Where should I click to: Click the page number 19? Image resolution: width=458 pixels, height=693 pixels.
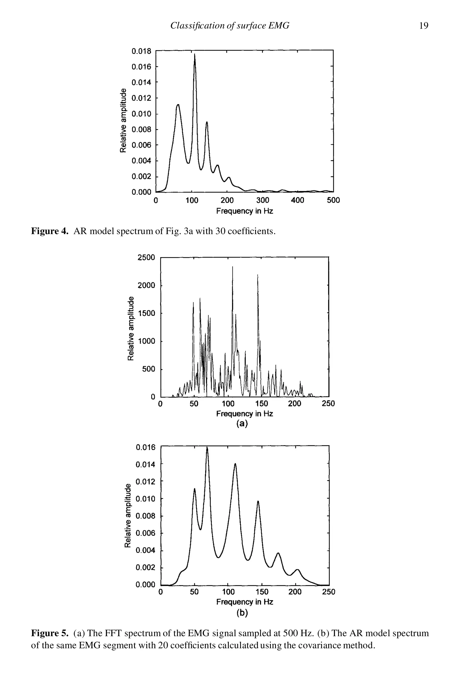click(424, 26)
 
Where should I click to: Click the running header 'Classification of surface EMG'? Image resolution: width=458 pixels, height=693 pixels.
click(230, 26)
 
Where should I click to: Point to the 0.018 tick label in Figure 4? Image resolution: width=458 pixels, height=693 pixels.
click(142, 51)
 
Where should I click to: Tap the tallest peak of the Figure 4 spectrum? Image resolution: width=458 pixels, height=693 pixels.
click(195, 55)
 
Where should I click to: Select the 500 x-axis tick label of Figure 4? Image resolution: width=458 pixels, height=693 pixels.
click(333, 200)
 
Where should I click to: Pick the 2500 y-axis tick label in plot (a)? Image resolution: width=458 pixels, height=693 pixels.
click(146, 258)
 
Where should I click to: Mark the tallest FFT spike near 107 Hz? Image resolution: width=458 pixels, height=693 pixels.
click(233, 267)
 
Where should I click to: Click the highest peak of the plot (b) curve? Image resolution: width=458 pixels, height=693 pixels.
click(207, 448)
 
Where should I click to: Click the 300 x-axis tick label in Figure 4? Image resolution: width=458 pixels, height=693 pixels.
click(263, 200)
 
